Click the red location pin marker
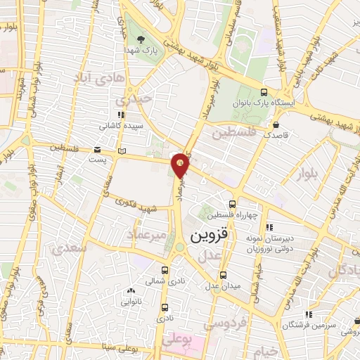point(181,164)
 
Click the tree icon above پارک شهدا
point(141,39)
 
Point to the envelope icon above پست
point(98,150)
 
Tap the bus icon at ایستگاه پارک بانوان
point(264,92)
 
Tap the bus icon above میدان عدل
point(223,275)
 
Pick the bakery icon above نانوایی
point(131,290)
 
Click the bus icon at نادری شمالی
point(165,270)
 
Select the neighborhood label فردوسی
point(224,324)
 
